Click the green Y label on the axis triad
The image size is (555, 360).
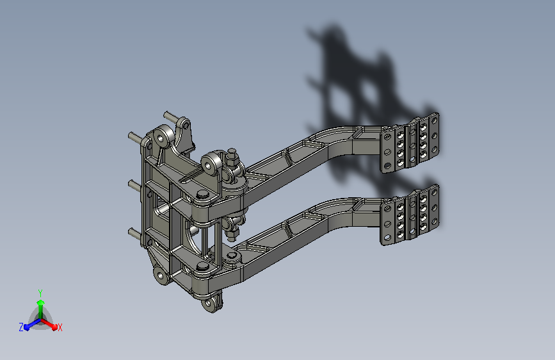(x=40, y=293)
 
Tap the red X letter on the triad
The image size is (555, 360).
(x=60, y=328)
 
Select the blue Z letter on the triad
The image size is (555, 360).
(x=21, y=327)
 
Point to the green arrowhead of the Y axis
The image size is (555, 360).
(x=41, y=303)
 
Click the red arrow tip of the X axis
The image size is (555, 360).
(x=54, y=327)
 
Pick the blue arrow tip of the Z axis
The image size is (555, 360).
(x=26, y=327)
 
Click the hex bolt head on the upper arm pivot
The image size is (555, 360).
(x=202, y=195)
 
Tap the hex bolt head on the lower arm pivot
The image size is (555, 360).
(x=202, y=266)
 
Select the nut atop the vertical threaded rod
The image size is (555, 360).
(x=232, y=154)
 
